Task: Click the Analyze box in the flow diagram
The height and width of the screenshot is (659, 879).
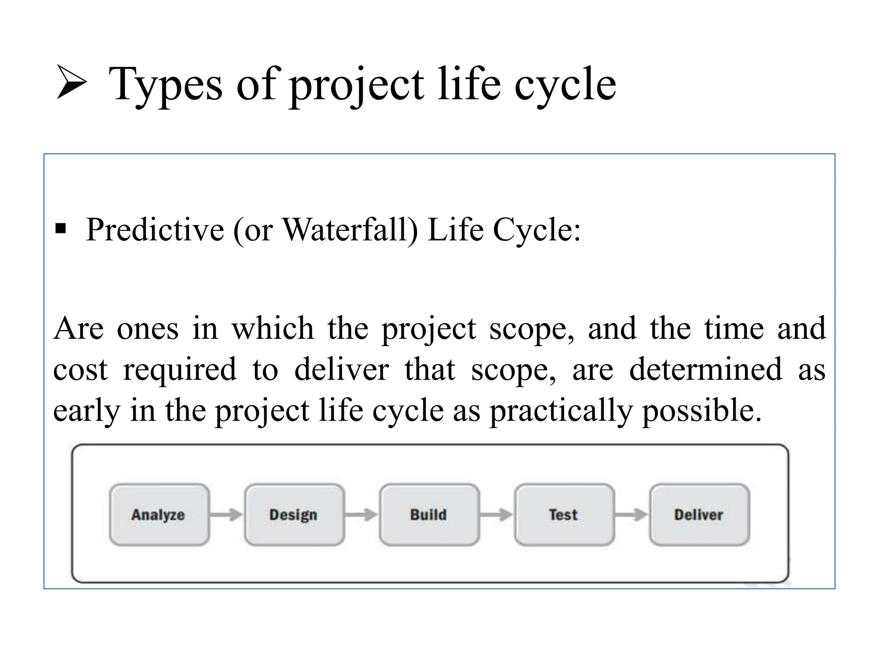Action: pyautogui.click(x=159, y=514)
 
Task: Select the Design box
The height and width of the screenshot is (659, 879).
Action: pyautogui.click(x=294, y=514)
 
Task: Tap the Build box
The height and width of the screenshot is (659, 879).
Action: pyautogui.click(x=429, y=514)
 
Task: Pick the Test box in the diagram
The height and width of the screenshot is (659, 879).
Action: pyautogui.click(x=564, y=514)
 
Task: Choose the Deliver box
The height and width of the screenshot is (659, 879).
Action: pyautogui.click(x=699, y=514)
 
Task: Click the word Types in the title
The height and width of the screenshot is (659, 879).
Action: pyautogui.click(x=166, y=85)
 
